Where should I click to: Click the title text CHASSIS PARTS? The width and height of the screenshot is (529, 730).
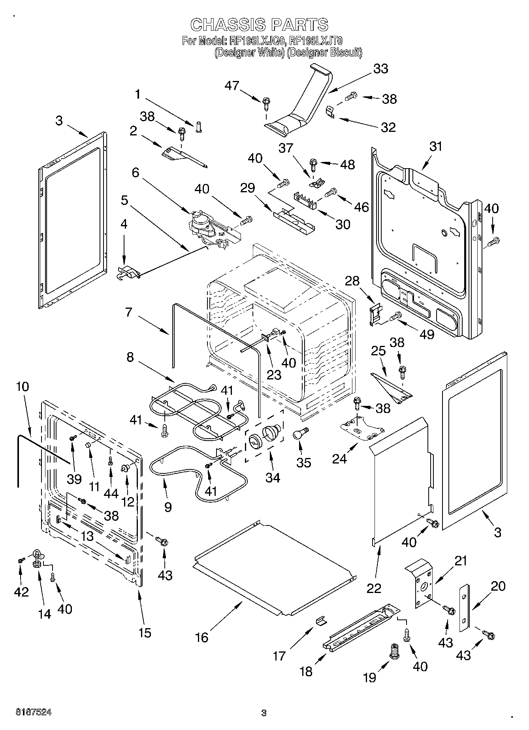coord(259,25)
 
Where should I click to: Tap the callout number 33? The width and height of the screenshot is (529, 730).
coord(380,68)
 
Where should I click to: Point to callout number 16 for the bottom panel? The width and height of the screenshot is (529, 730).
coord(202,638)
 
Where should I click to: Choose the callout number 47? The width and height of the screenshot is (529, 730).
coord(233,85)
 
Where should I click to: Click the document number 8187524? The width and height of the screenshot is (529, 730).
coord(34,712)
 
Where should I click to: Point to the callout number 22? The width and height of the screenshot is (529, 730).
coord(374,588)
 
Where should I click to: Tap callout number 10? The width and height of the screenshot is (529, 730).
coord(23,386)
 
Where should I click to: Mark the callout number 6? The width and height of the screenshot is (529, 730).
coord(136,172)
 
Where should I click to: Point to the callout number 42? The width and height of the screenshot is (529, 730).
coord(21,591)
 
